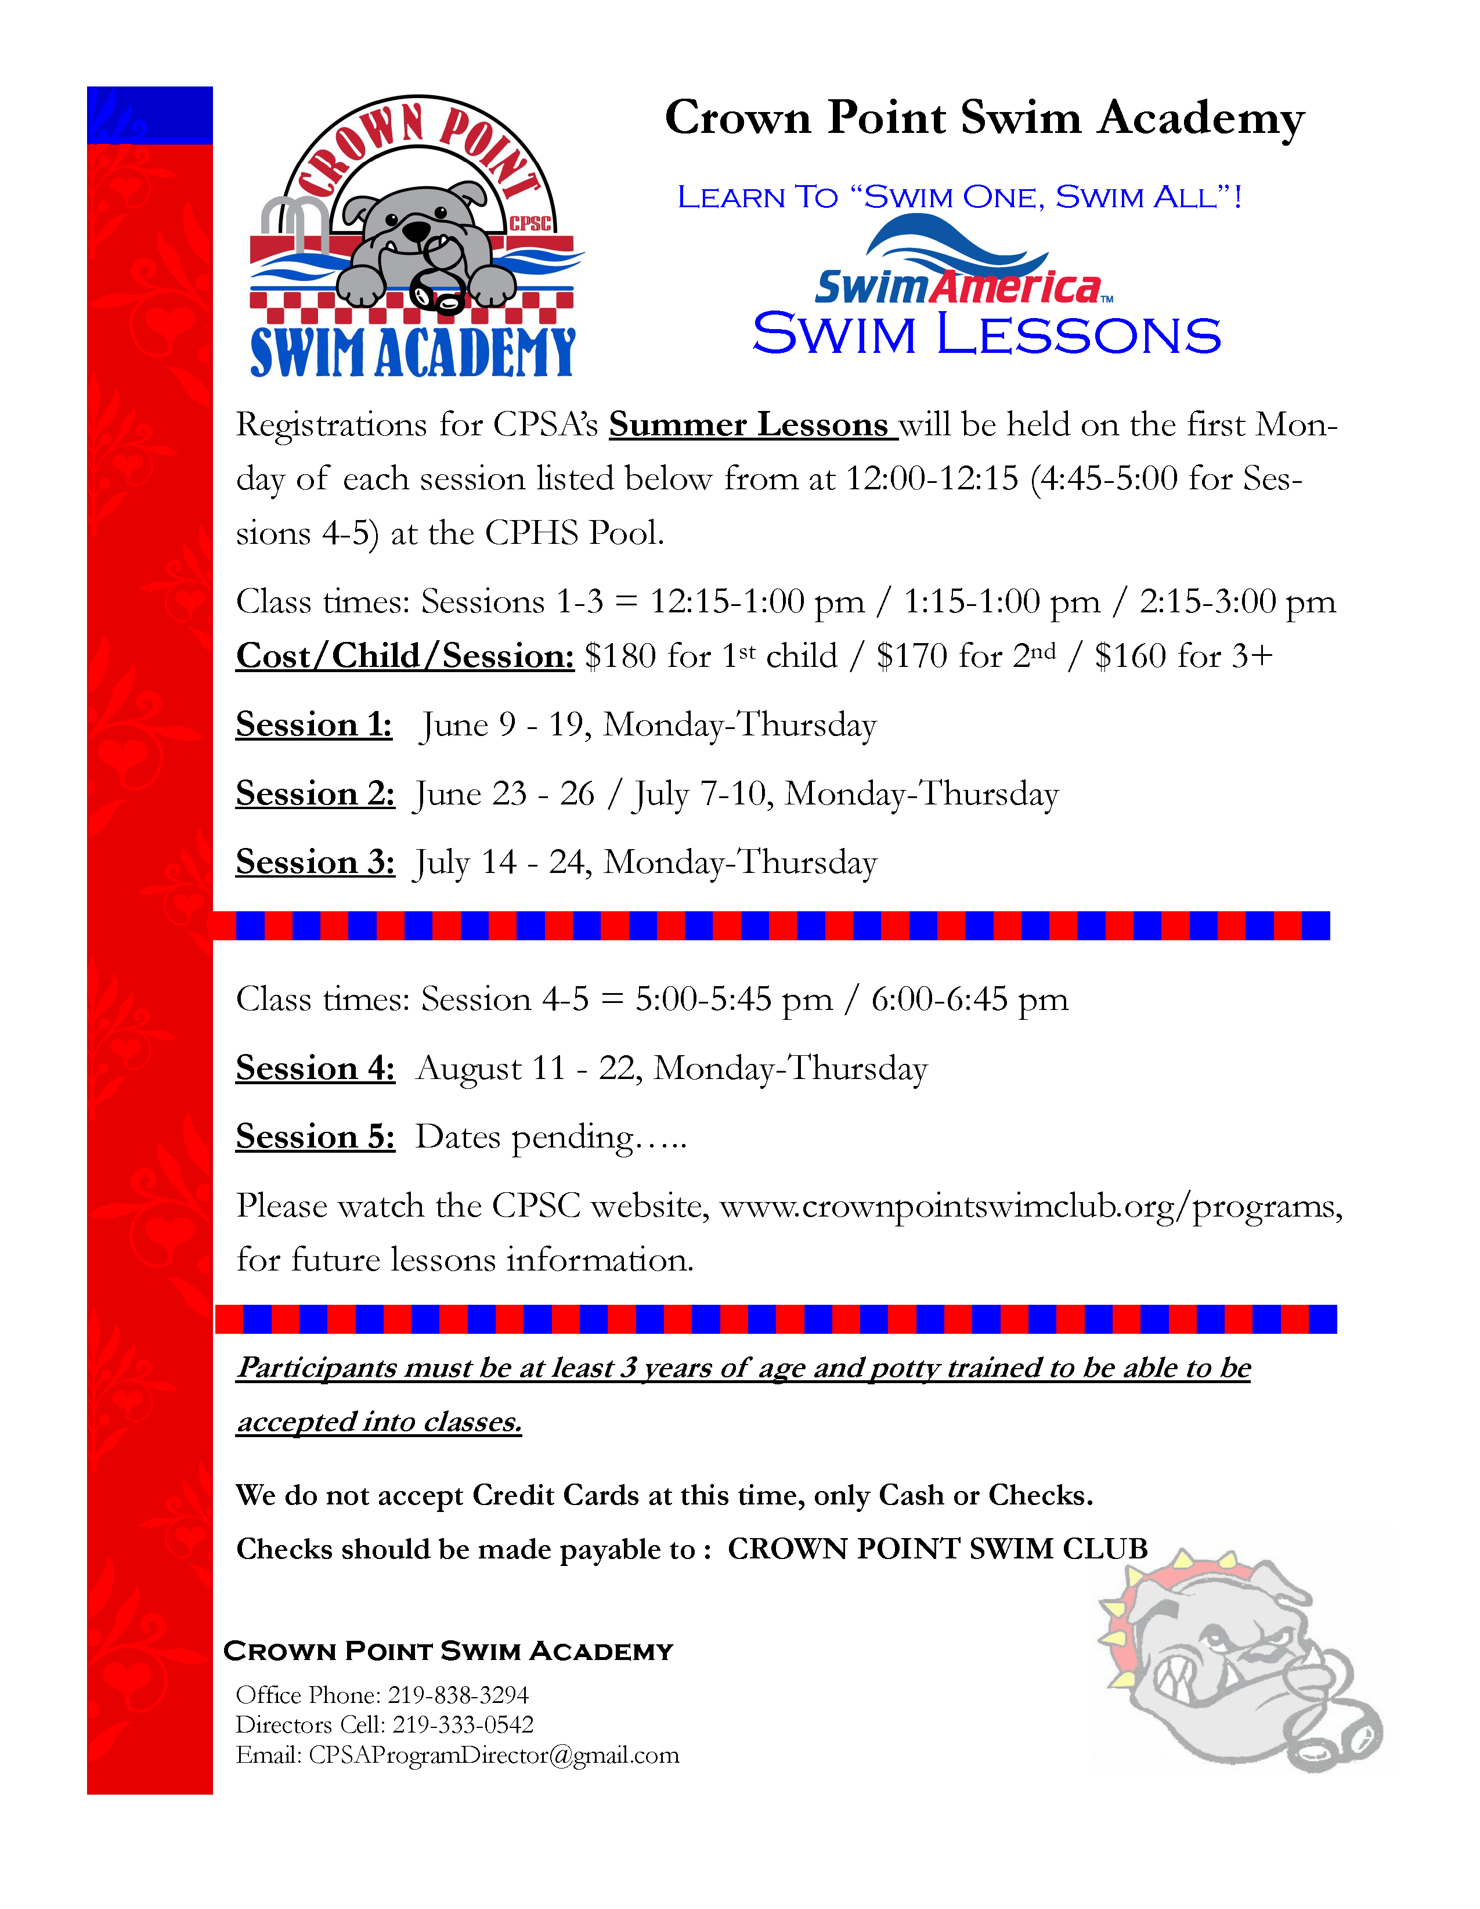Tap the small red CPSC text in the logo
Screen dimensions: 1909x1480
tap(530, 224)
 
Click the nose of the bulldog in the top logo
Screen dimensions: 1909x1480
tap(417, 232)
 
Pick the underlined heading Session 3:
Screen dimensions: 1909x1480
tap(315, 862)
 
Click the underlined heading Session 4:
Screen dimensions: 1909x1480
tap(315, 1068)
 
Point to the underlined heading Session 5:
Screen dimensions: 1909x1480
tap(315, 1136)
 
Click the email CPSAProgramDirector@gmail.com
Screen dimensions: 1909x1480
tap(493, 1755)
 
